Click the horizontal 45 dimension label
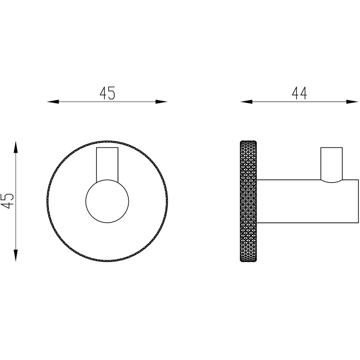107,93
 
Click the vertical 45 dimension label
8,201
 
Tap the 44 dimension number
299,93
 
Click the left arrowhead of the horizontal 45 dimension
53,102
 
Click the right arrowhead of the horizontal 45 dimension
161,102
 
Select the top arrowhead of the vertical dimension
15,147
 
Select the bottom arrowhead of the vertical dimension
15,255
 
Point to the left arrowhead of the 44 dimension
246,102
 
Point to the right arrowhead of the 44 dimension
352,102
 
